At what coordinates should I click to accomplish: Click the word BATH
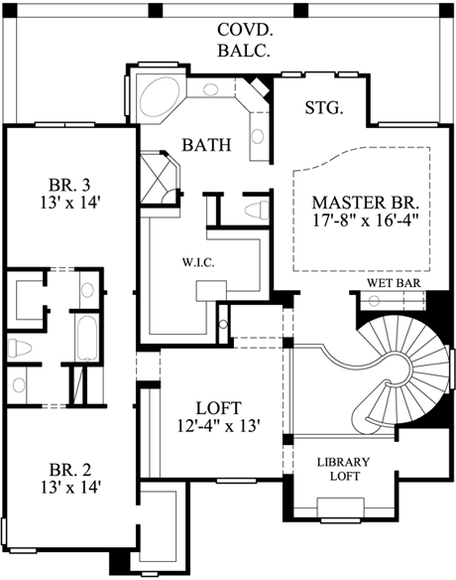coord(206,145)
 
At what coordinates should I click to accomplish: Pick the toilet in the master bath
coord(256,210)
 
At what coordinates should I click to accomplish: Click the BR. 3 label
coord(68,186)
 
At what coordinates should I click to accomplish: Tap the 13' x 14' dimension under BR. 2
coord(68,488)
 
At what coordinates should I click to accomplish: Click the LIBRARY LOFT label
coord(343,470)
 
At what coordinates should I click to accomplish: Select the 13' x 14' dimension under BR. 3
coord(68,206)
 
